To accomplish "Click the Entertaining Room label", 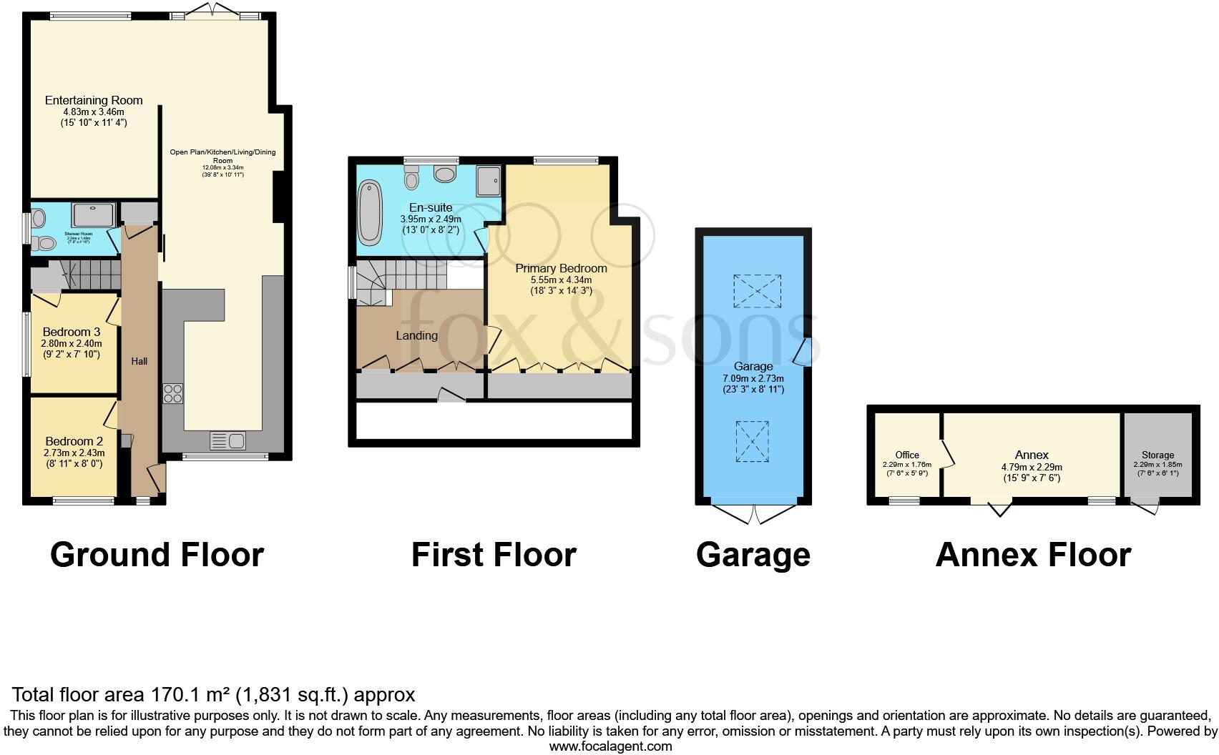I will (x=94, y=100).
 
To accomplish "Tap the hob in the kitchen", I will (x=173, y=394).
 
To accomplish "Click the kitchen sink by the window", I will (x=227, y=440).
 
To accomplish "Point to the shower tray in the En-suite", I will (x=489, y=180).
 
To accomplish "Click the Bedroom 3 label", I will (x=71, y=332).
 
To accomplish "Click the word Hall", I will (x=139, y=361).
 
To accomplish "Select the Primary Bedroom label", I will (x=561, y=268).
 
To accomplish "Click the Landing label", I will (x=416, y=335).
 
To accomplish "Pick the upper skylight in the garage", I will (x=757, y=291).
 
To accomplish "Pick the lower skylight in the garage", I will (x=753, y=441).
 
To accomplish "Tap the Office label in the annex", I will (x=907, y=455).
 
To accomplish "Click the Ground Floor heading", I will (x=157, y=555).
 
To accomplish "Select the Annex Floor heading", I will (x=1032, y=555).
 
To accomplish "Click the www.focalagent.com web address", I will (x=610, y=746).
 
